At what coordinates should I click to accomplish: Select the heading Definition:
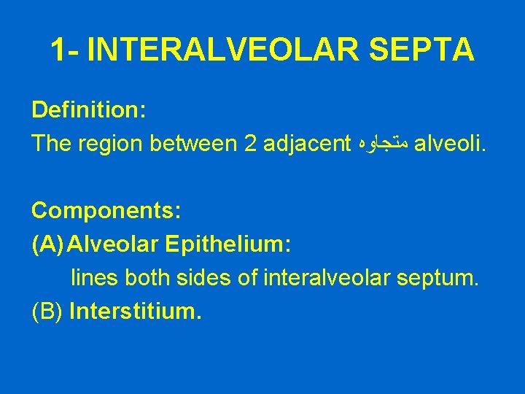click(89, 110)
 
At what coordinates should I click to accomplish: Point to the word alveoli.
click(448, 144)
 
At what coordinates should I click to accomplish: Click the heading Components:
click(106, 211)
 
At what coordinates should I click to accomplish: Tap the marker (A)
click(47, 244)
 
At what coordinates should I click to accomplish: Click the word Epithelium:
click(229, 244)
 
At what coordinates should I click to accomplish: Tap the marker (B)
click(47, 312)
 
